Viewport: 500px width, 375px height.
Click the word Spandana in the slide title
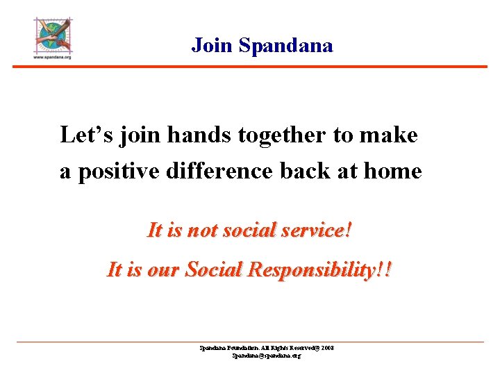pos(285,46)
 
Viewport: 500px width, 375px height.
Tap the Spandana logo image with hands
pos(53,35)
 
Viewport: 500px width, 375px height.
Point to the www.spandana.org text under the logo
pos(53,58)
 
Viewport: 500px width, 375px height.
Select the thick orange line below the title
pos(250,67)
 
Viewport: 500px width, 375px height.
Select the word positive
pos(119,171)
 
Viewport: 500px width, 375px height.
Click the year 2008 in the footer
pos(327,347)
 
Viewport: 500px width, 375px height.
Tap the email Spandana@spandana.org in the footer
pos(267,355)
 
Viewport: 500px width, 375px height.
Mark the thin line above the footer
pos(250,342)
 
